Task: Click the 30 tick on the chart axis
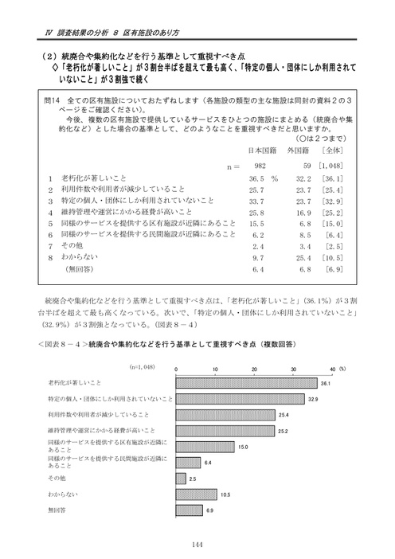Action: click(294, 369)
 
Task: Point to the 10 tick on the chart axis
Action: click(214, 369)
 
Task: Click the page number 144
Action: click(197, 545)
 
